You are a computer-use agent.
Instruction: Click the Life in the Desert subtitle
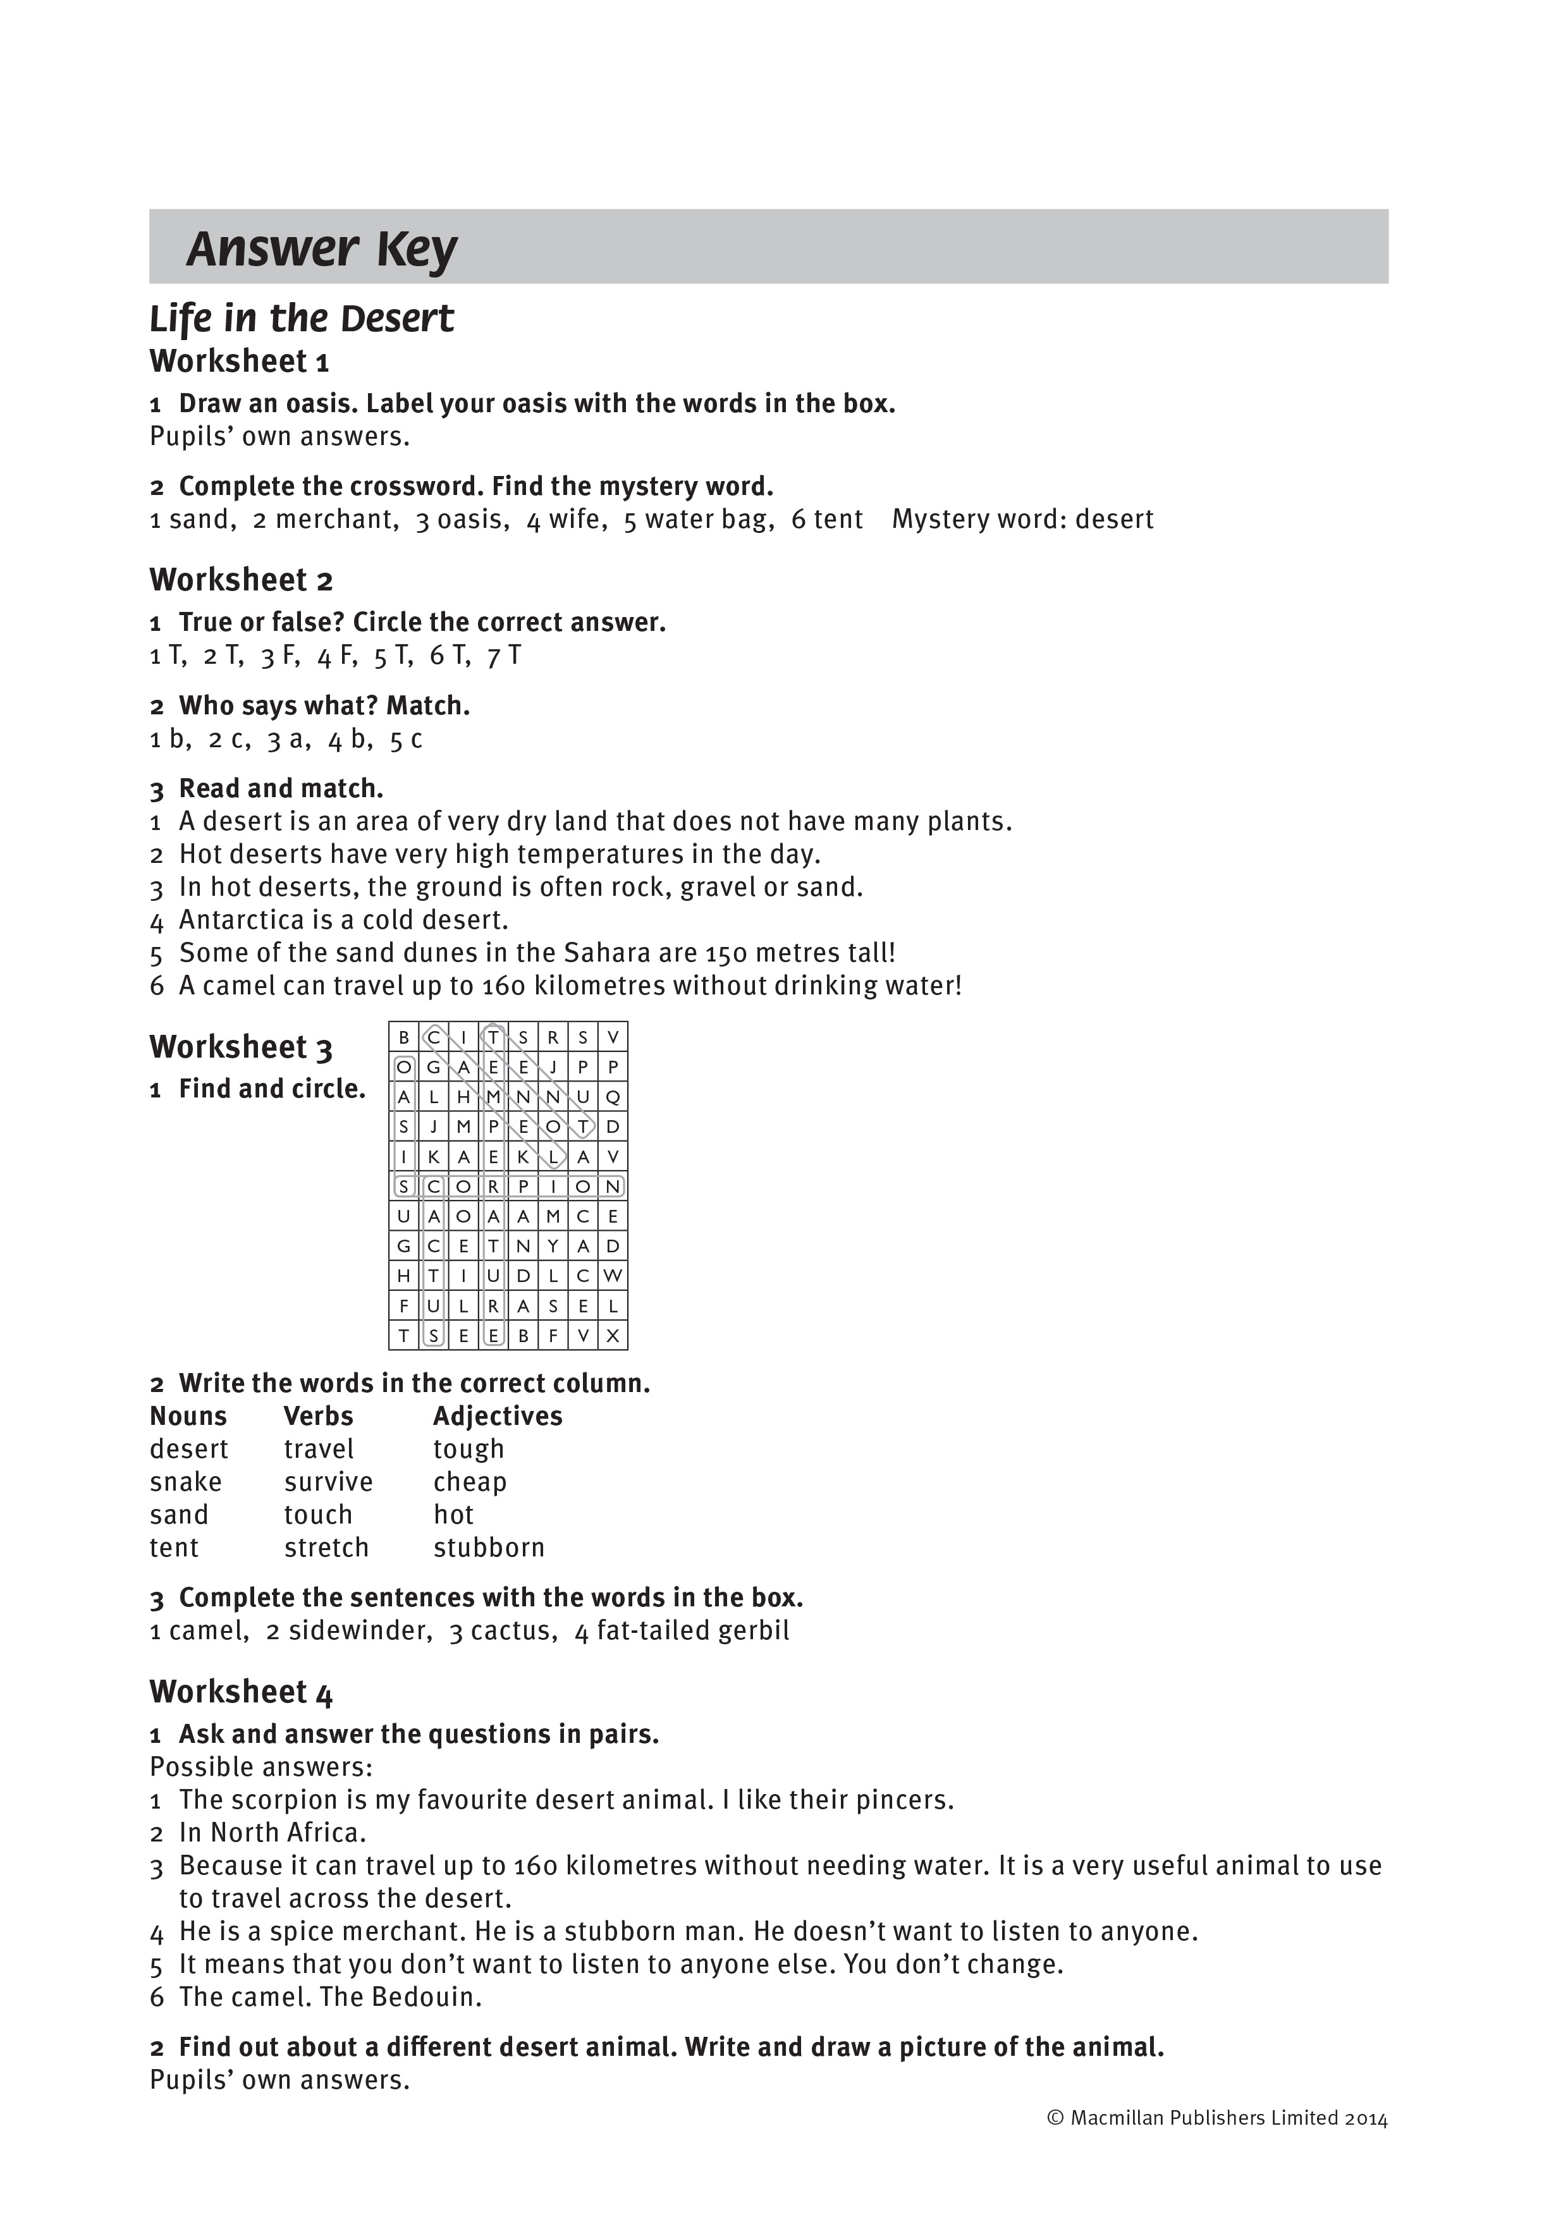coord(301,319)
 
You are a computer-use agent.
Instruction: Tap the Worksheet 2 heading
coord(242,580)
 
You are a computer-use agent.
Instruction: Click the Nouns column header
coord(188,1417)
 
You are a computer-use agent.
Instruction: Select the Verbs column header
coord(319,1417)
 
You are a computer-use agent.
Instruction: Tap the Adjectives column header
coord(497,1417)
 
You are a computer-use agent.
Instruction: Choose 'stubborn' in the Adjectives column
coord(489,1548)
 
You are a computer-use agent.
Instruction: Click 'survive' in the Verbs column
coord(328,1482)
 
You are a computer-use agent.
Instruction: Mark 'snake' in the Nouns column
coord(185,1482)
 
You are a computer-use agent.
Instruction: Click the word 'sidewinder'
coord(359,1631)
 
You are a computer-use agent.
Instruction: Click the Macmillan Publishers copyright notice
coord(1216,2118)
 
